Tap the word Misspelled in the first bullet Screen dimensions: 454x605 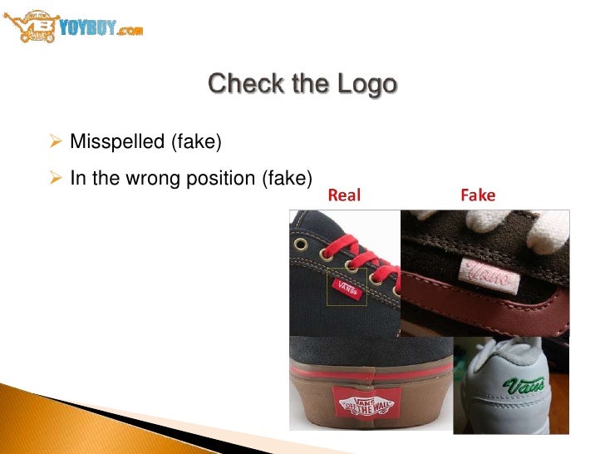tap(117, 142)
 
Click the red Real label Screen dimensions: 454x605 tap(346, 196)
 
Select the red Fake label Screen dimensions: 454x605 tap(477, 196)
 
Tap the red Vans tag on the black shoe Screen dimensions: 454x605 tap(347, 288)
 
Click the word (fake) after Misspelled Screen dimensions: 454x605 tap(195, 142)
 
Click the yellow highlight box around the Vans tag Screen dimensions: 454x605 tap(347, 287)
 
